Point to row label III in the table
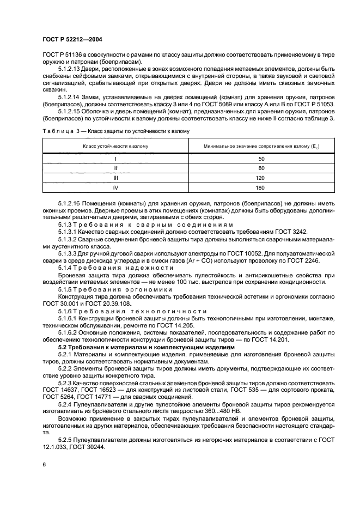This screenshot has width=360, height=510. point(115,178)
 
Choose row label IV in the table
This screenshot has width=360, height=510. point(115,187)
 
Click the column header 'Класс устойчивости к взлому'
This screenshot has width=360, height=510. point(115,146)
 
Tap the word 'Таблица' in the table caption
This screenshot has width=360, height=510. point(57,131)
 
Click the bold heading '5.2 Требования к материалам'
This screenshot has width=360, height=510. point(147,347)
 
